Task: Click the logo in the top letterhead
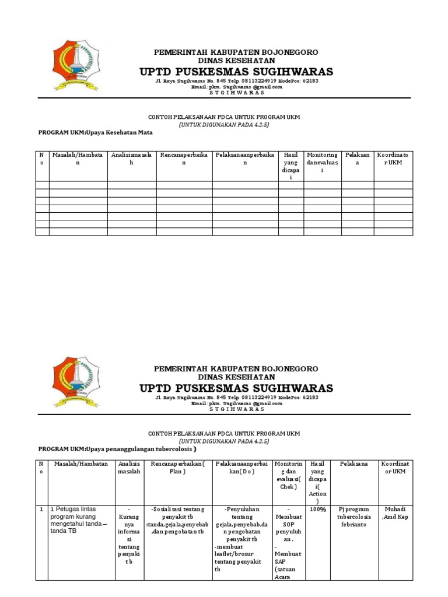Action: click(x=76, y=65)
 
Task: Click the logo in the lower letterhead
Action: click(x=76, y=381)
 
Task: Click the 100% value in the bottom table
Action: click(x=318, y=509)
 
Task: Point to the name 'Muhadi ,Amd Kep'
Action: click(x=394, y=512)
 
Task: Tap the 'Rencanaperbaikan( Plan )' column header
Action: click(x=177, y=468)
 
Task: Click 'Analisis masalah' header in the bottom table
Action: click(x=129, y=468)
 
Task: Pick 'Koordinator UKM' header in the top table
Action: click(x=393, y=159)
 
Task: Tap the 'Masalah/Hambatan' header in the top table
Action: click(x=78, y=159)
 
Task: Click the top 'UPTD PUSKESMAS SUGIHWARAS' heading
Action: click(x=236, y=72)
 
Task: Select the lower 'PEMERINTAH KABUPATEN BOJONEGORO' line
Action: click(x=236, y=369)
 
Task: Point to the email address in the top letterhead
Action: click(x=236, y=87)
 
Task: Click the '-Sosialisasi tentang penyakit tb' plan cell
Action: click(x=177, y=517)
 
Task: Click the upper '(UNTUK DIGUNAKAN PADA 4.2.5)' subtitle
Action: click(x=224, y=124)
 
